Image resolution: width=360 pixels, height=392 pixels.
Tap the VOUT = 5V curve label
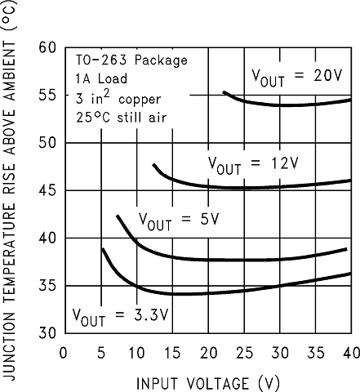pyautogui.click(x=179, y=220)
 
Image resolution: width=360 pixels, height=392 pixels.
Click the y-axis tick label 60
pyautogui.click(x=47, y=47)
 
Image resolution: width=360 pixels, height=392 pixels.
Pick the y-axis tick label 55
pyautogui.click(x=47, y=95)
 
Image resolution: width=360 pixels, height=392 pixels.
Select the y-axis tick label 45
pyautogui.click(x=47, y=190)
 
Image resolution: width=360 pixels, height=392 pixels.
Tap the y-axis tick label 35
pyautogui.click(x=47, y=286)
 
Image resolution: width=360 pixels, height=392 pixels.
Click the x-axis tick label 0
pyautogui.click(x=64, y=352)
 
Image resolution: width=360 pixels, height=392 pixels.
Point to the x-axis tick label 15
pyautogui.click(x=171, y=352)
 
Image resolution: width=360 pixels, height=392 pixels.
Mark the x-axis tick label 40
pyautogui.click(x=349, y=352)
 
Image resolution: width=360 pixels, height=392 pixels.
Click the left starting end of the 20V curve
pyautogui.click(x=224, y=92)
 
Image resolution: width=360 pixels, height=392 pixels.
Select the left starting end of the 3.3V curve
pyautogui.click(x=102, y=248)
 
